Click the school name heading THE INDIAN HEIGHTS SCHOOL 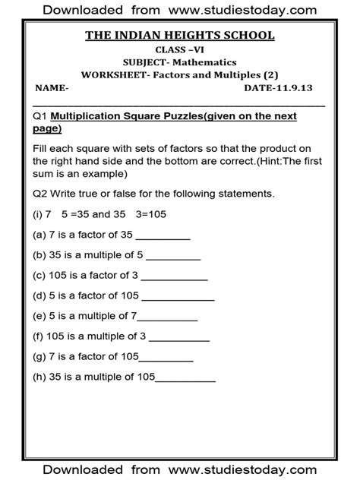[x=180, y=36]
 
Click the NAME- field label [x=52, y=88]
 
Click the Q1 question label [x=43, y=117]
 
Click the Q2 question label [x=43, y=194]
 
